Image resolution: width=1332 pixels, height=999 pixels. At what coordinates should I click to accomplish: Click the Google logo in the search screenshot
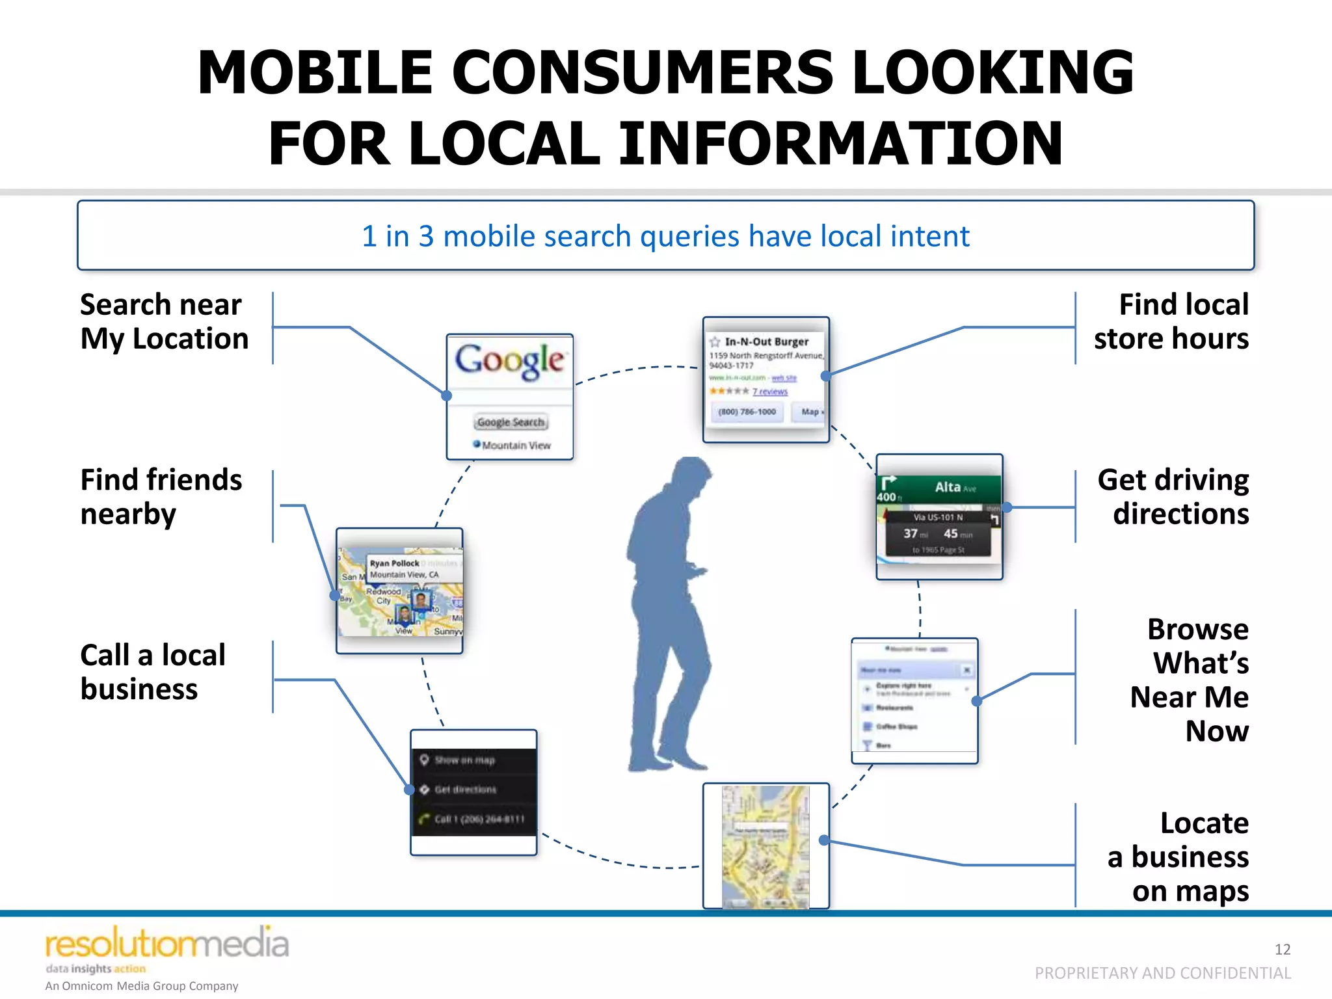(x=510, y=361)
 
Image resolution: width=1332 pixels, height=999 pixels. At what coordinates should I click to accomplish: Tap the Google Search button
(x=511, y=422)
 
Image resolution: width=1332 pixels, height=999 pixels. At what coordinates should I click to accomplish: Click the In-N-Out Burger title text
(x=766, y=341)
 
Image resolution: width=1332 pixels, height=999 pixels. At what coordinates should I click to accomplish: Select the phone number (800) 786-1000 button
(x=747, y=412)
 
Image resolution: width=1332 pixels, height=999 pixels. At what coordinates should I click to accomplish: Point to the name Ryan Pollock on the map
(x=394, y=563)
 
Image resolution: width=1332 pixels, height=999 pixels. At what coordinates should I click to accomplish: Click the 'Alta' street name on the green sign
(x=948, y=487)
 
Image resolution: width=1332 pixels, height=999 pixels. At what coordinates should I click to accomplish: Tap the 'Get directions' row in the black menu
(x=465, y=790)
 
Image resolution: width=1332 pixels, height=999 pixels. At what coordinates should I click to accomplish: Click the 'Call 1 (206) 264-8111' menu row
(x=479, y=819)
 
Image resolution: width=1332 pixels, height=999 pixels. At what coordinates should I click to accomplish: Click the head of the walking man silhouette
(x=691, y=476)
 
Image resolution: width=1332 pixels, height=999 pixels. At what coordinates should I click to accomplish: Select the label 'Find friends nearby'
(x=161, y=497)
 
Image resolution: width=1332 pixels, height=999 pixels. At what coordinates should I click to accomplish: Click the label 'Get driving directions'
(x=1173, y=497)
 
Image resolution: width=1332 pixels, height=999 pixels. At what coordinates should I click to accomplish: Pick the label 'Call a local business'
(x=152, y=672)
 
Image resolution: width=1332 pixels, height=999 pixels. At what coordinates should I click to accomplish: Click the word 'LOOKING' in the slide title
(x=992, y=72)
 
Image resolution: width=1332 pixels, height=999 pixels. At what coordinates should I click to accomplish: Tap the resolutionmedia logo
(x=166, y=944)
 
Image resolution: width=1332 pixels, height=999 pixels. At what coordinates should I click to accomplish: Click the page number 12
(x=1282, y=949)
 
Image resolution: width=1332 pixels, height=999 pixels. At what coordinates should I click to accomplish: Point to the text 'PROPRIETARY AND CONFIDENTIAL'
(x=1162, y=973)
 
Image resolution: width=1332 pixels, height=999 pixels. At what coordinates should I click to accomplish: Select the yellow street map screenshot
(x=766, y=846)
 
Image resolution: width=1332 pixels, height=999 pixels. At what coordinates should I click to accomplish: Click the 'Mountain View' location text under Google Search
(x=516, y=446)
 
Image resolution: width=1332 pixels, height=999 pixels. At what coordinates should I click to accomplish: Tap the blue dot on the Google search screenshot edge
(x=446, y=395)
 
